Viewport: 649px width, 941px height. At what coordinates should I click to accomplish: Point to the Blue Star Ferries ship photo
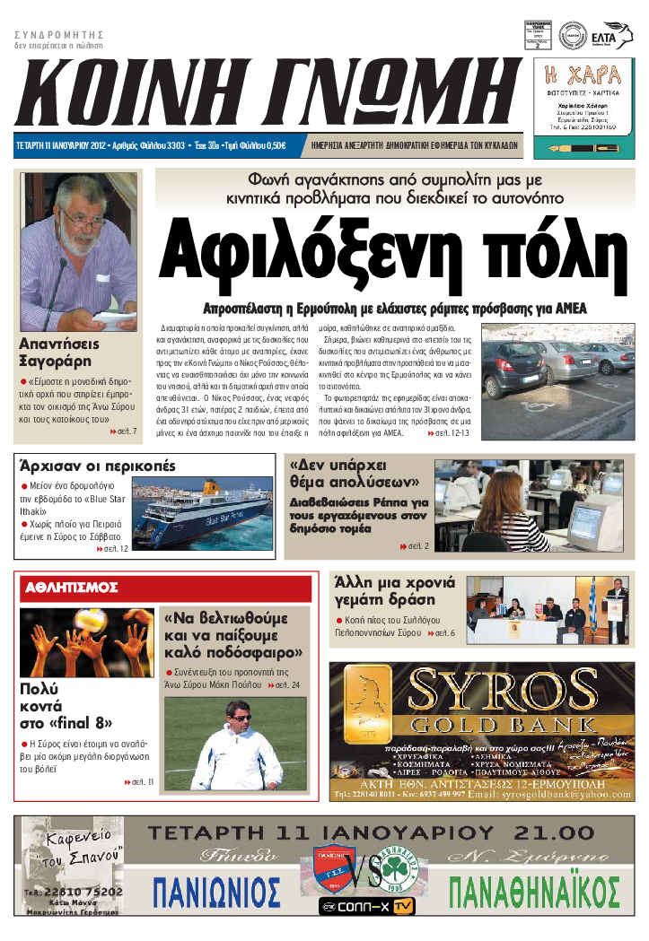pos(207,512)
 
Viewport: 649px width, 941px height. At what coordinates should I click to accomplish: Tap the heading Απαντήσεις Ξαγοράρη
pos(59,352)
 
